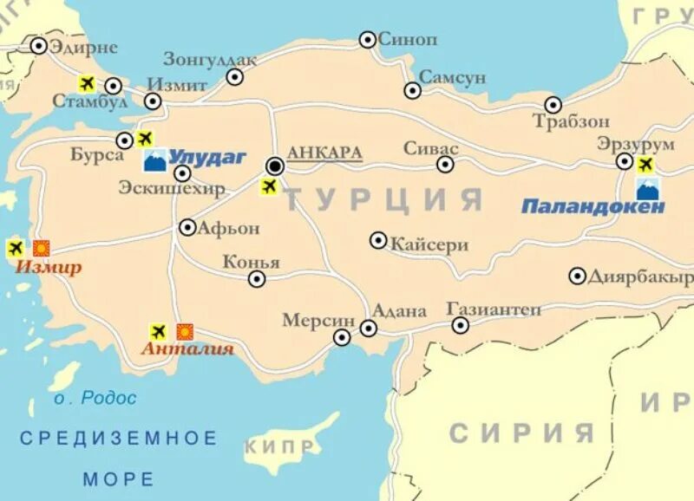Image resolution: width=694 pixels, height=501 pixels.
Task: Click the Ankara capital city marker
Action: coord(275,165)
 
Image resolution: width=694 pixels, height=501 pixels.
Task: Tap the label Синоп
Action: coord(409,39)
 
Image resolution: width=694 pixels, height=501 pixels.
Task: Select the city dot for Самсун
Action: coord(413,90)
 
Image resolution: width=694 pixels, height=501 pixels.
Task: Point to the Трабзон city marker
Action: coord(553,105)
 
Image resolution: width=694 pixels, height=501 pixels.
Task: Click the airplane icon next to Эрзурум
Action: coord(645,164)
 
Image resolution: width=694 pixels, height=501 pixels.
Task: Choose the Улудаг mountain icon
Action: coord(154,159)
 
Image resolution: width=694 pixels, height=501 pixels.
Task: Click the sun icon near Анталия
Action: coord(185,331)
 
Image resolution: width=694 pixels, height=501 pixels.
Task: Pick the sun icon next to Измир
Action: coord(41,248)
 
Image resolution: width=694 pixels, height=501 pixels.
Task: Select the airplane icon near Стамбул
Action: coord(87,83)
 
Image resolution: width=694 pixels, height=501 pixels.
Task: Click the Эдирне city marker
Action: coord(39,46)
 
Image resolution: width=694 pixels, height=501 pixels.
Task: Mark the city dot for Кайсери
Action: coord(378,240)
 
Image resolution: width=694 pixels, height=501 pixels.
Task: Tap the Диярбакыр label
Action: coord(640,277)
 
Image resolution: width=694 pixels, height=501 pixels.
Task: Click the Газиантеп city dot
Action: coord(461,325)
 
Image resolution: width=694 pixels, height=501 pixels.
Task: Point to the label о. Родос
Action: coord(95,399)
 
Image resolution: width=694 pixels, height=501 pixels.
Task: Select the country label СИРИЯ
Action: coord(521,433)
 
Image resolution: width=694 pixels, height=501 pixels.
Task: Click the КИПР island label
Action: coord(280,446)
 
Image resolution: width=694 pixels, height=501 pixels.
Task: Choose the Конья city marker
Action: coord(257,278)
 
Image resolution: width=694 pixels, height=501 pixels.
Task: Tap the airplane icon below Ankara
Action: coord(269,186)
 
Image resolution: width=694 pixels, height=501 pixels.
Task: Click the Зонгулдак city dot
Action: coord(235,76)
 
